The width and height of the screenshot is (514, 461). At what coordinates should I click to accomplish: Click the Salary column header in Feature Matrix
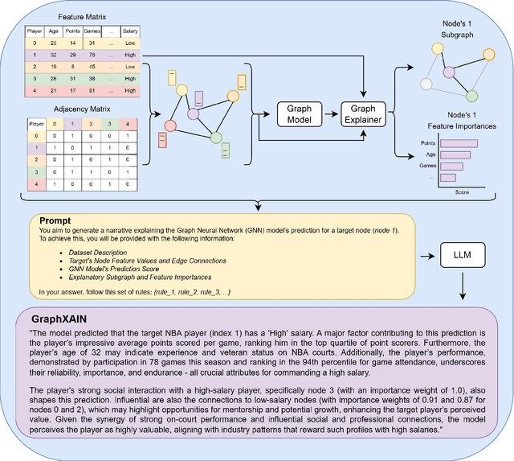(x=130, y=30)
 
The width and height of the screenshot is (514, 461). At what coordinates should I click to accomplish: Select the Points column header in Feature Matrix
(x=71, y=30)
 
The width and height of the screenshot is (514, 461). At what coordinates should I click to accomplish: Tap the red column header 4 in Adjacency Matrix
(x=126, y=125)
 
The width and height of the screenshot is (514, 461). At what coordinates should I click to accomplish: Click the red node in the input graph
(x=169, y=126)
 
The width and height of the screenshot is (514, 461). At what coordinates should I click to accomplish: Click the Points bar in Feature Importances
(x=459, y=143)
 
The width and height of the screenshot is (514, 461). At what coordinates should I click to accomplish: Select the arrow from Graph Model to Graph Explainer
(x=331, y=113)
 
